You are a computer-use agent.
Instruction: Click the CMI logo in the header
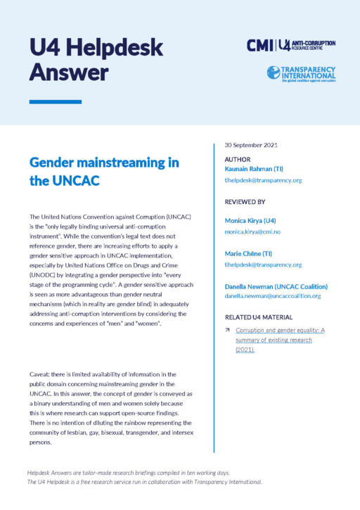(x=260, y=46)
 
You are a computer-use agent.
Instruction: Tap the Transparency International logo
(x=302, y=72)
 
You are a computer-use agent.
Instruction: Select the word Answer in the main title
(x=69, y=72)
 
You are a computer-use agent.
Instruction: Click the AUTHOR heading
(x=237, y=160)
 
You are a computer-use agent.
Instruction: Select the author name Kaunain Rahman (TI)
(x=257, y=170)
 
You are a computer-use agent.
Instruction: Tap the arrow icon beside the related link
(x=228, y=330)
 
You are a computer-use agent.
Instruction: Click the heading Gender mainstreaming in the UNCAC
(x=104, y=172)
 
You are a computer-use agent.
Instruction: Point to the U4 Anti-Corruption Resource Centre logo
(x=307, y=45)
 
